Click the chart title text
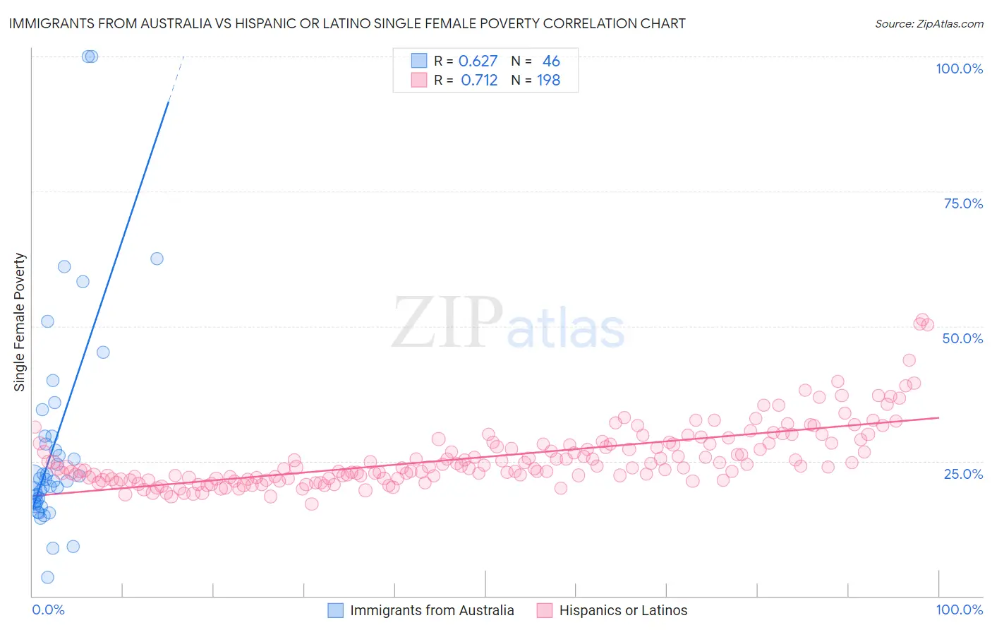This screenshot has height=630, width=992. tap(347, 23)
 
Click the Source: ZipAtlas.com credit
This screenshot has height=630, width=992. tap(929, 23)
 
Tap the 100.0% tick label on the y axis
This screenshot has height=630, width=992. tap(959, 69)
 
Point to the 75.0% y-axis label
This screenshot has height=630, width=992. tap(963, 203)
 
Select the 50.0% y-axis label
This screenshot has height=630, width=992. tap(962, 338)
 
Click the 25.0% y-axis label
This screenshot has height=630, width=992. tap(963, 473)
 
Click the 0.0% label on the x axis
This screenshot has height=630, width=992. tap(48, 610)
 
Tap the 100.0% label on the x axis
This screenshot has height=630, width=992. tap(959, 610)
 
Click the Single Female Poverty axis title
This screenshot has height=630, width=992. tap(20, 322)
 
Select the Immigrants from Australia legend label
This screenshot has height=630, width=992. tap(432, 610)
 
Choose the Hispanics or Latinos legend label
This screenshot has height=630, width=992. tap(623, 610)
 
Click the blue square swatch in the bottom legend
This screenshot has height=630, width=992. tap(335, 610)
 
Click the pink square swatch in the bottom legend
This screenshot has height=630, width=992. tap(544, 610)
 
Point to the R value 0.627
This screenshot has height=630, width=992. tap(478, 61)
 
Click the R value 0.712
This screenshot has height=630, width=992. tap(479, 81)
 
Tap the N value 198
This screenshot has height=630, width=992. tap(548, 81)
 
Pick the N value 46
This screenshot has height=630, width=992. tap(551, 61)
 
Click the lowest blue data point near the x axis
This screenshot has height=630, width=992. tap(47, 577)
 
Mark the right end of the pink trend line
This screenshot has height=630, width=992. tap(938, 417)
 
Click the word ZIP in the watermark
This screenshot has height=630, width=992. tap(447, 323)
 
